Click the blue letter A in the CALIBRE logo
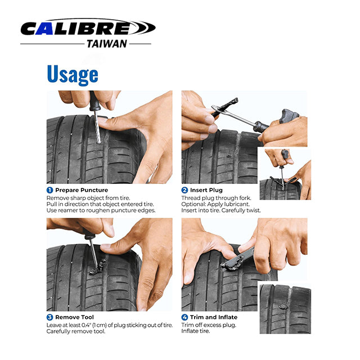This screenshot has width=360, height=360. [x=44, y=29]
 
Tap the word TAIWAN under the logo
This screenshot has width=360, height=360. [x=107, y=44]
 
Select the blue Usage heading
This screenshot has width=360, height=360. [x=73, y=74]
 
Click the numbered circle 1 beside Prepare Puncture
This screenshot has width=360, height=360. [x=49, y=190]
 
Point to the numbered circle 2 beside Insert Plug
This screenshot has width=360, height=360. [x=184, y=190]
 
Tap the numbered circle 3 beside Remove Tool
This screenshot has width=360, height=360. [x=49, y=317]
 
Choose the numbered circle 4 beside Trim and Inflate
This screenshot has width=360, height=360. [x=184, y=317]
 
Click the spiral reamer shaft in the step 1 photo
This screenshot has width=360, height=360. [x=97, y=127]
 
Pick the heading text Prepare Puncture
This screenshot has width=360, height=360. [x=82, y=190]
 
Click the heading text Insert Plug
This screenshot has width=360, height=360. [x=206, y=190]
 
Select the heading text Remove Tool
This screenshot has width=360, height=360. [x=74, y=317]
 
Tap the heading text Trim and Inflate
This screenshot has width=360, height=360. [x=214, y=317]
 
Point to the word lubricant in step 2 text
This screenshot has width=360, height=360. [x=237, y=204]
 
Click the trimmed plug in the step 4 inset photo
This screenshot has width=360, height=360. [x=283, y=306]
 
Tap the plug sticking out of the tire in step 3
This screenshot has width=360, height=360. [x=99, y=267]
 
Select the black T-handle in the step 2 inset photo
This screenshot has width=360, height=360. [x=285, y=155]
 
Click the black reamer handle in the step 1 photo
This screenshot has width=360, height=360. [x=94, y=101]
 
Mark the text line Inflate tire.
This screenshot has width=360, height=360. [x=196, y=331]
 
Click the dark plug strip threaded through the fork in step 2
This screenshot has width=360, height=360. [x=225, y=107]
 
